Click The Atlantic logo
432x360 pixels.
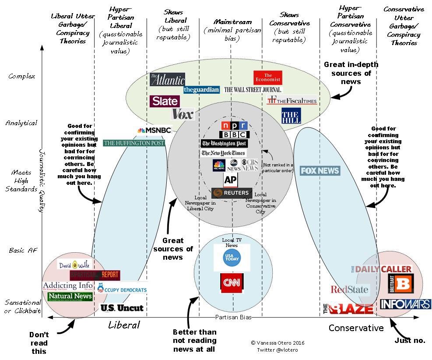click(167, 79)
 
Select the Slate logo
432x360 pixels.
click(165, 101)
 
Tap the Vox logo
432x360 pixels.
click(183, 114)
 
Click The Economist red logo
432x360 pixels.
click(268, 78)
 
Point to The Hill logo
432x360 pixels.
click(291, 115)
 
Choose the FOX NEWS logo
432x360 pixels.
click(320, 171)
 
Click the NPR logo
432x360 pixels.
click(234, 125)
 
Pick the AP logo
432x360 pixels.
click(231, 180)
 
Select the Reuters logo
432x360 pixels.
click(232, 193)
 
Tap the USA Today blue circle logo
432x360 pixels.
click(232, 258)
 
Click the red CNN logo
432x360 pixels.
click(232, 282)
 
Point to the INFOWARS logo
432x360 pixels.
click(405, 304)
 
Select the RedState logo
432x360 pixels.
click(350, 289)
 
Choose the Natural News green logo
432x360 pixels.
click(70, 296)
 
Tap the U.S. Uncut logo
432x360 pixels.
click(122, 308)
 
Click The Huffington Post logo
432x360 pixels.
click(133, 143)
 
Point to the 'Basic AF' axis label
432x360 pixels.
click(24, 251)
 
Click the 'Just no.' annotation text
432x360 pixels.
click(410, 340)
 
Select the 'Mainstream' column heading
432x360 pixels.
click(233, 22)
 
